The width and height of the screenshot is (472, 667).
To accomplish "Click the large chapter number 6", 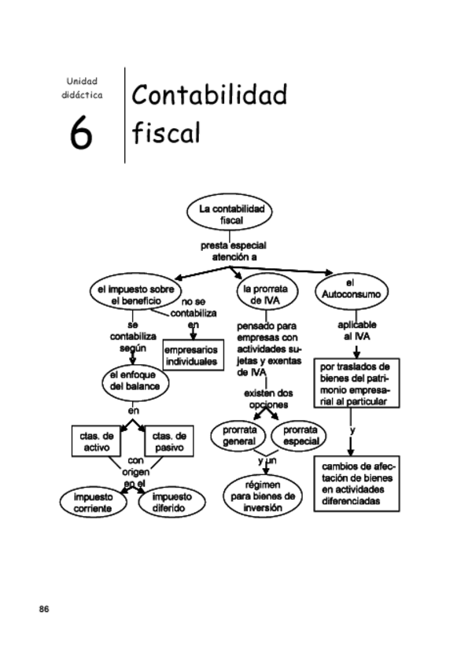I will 82,133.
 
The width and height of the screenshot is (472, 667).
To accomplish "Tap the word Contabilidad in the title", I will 209,95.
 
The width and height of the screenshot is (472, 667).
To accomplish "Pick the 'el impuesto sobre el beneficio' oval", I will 131,295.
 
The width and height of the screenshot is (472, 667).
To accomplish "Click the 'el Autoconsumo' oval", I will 351,289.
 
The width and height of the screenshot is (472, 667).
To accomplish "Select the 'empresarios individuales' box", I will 190,356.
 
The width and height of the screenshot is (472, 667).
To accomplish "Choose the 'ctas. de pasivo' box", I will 168,441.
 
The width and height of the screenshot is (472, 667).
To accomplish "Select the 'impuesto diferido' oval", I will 171,502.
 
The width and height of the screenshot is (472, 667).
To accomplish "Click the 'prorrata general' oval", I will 238,435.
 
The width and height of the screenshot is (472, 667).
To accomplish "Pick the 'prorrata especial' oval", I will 299,435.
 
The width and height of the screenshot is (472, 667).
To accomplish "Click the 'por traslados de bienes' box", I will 356,384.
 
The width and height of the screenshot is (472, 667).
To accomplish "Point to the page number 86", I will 44,610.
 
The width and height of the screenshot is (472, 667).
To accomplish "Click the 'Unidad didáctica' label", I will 82,88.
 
